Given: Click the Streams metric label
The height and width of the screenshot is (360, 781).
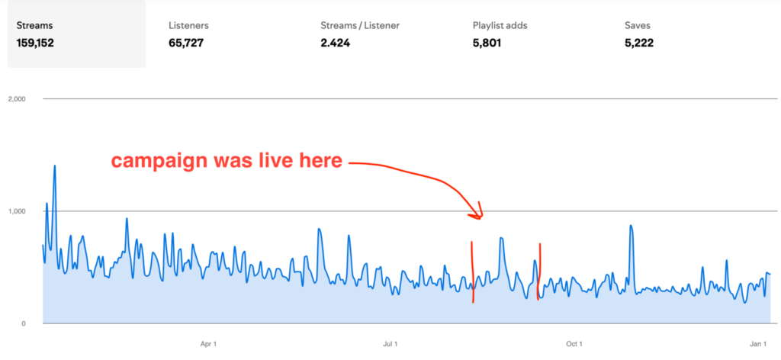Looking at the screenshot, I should tap(33, 25).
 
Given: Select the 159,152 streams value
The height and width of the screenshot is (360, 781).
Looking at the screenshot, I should tap(35, 43).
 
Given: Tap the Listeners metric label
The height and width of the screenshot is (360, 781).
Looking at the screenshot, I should tap(188, 25).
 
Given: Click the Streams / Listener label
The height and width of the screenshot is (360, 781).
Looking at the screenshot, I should tap(360, 25).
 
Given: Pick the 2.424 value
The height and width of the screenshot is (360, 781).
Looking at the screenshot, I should tap(336, 43).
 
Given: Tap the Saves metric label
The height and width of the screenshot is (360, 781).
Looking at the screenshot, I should tap(638, 25).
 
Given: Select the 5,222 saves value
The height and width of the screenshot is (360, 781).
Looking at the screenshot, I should tap(639, 43).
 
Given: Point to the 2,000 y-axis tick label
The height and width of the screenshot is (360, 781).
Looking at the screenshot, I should tap(16, 99).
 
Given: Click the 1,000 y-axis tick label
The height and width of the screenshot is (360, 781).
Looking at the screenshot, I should tap(16, 211).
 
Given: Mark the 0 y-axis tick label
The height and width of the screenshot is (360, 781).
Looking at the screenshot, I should tap(24, 323).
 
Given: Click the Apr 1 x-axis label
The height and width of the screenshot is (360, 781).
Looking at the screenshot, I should tap(208, 344).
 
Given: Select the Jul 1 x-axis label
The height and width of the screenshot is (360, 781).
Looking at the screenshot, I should tap(390, 344).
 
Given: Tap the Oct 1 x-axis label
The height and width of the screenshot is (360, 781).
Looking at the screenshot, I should tap(574, 344).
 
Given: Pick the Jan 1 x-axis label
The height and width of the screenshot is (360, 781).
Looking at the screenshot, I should tap(757, 344).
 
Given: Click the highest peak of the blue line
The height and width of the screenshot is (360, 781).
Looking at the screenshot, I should tap(55, 166).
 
